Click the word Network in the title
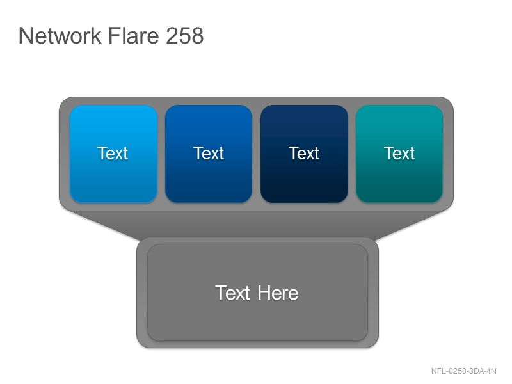pos(60,35)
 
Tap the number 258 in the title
pos(184,35)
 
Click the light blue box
pos(113,154)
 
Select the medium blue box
pos(209,154)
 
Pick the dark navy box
pos(304,154)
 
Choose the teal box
pos(399,154)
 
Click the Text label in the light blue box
pos(113,153)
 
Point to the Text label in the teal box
pos(399,153)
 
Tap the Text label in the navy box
pos(303,153)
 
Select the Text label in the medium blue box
pos(209,153)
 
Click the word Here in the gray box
pos(278,293)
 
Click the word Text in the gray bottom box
pos(232,293)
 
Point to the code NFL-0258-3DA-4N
pos(463,371)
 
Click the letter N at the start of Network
pos(25,35)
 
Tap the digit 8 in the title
pos(197,35)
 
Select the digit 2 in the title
pos(172,35)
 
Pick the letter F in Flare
pos(114,35)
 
